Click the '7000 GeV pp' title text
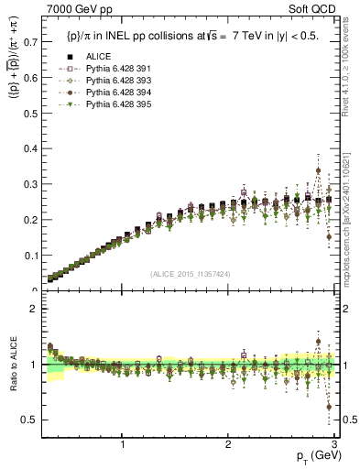tap(73, 9)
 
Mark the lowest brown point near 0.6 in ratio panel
tap(329, 407)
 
